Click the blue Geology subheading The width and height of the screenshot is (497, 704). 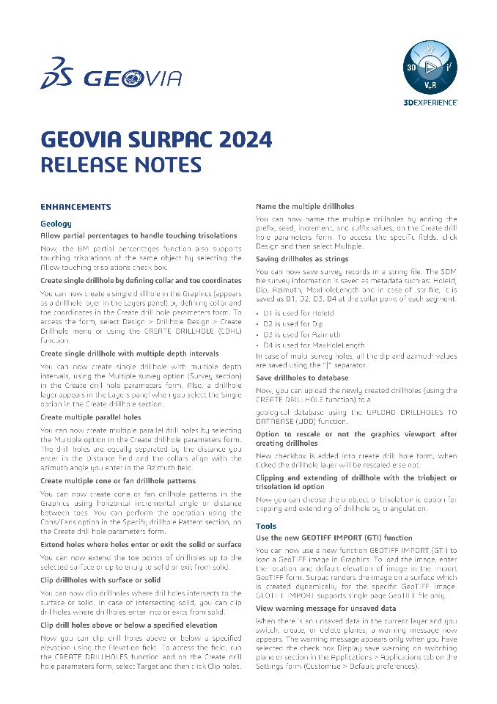(x=56, y=223)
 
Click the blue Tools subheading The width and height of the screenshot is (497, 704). (x=266, y=526)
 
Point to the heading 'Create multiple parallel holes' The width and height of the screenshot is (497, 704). (x=90, y=417)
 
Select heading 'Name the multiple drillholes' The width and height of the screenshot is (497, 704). (x=304, y=207)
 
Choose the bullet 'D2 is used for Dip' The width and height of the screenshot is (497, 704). (x=294, y=323)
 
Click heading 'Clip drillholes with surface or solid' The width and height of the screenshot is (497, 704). (x=100, y=581)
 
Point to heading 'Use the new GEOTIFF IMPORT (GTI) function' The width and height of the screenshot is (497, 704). (x=334, y=538)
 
